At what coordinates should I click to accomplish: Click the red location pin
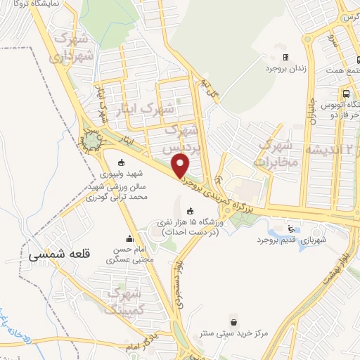[181, 166]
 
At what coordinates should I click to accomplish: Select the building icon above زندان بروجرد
[285, 57]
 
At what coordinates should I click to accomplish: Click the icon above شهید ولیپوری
[120, 162]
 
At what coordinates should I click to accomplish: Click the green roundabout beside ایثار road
[92, 143]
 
